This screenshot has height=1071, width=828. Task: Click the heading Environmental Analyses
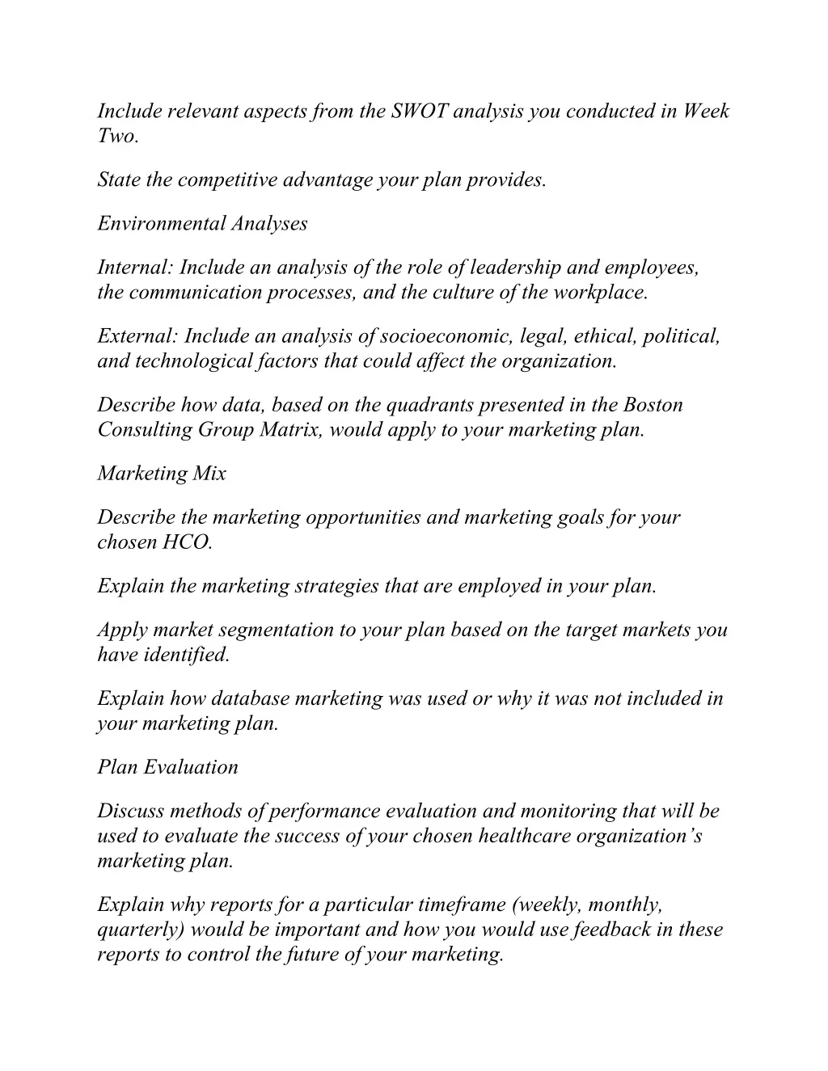202,224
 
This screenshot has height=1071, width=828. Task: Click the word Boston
653,405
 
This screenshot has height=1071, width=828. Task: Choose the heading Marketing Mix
162,474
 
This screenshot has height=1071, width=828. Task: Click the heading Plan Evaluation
168,767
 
